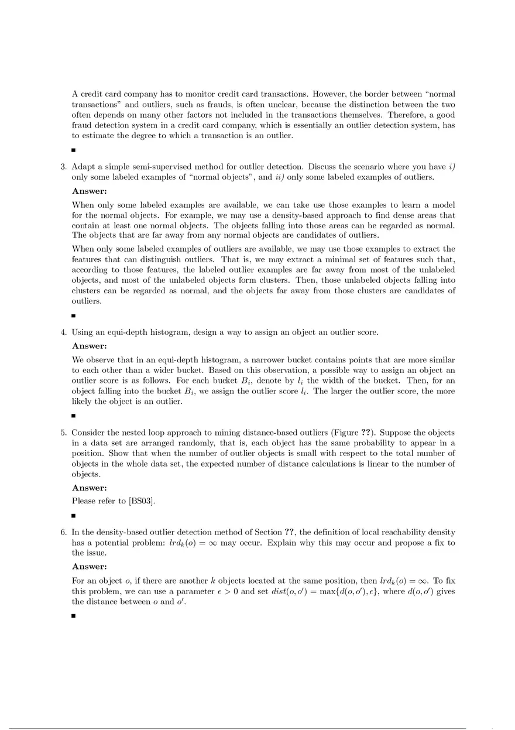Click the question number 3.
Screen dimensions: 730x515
[x=63, y=166]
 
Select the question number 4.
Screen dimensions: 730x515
[x=63, y=333]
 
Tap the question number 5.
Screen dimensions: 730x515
[x=63, y=433]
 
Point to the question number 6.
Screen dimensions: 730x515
[x=63, y=532]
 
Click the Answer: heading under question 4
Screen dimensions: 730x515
[x=90, y=346]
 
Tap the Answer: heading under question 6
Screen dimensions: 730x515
[x=90, y=567]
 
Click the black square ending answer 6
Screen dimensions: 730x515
[x=74, y=616]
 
